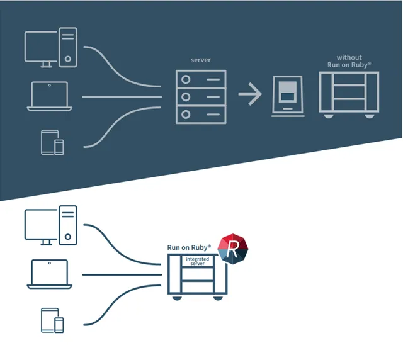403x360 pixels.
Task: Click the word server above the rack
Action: coord(200,60)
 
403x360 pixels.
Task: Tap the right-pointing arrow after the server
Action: coord(250,96)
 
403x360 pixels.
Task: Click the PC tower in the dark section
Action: coord(67,45)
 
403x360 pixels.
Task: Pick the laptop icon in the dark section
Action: coord(50,97)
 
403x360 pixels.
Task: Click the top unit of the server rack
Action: coord(200,79)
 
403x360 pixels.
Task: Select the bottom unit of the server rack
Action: coord(200,115)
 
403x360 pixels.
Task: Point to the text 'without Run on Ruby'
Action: coord(349,61)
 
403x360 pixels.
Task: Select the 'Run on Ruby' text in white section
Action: coord(189,248)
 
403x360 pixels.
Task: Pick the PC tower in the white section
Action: coord(67,224)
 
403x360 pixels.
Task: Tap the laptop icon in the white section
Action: coord(50,275)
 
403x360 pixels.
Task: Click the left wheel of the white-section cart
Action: coord(178,297)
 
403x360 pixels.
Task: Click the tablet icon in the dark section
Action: coord(49,143)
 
